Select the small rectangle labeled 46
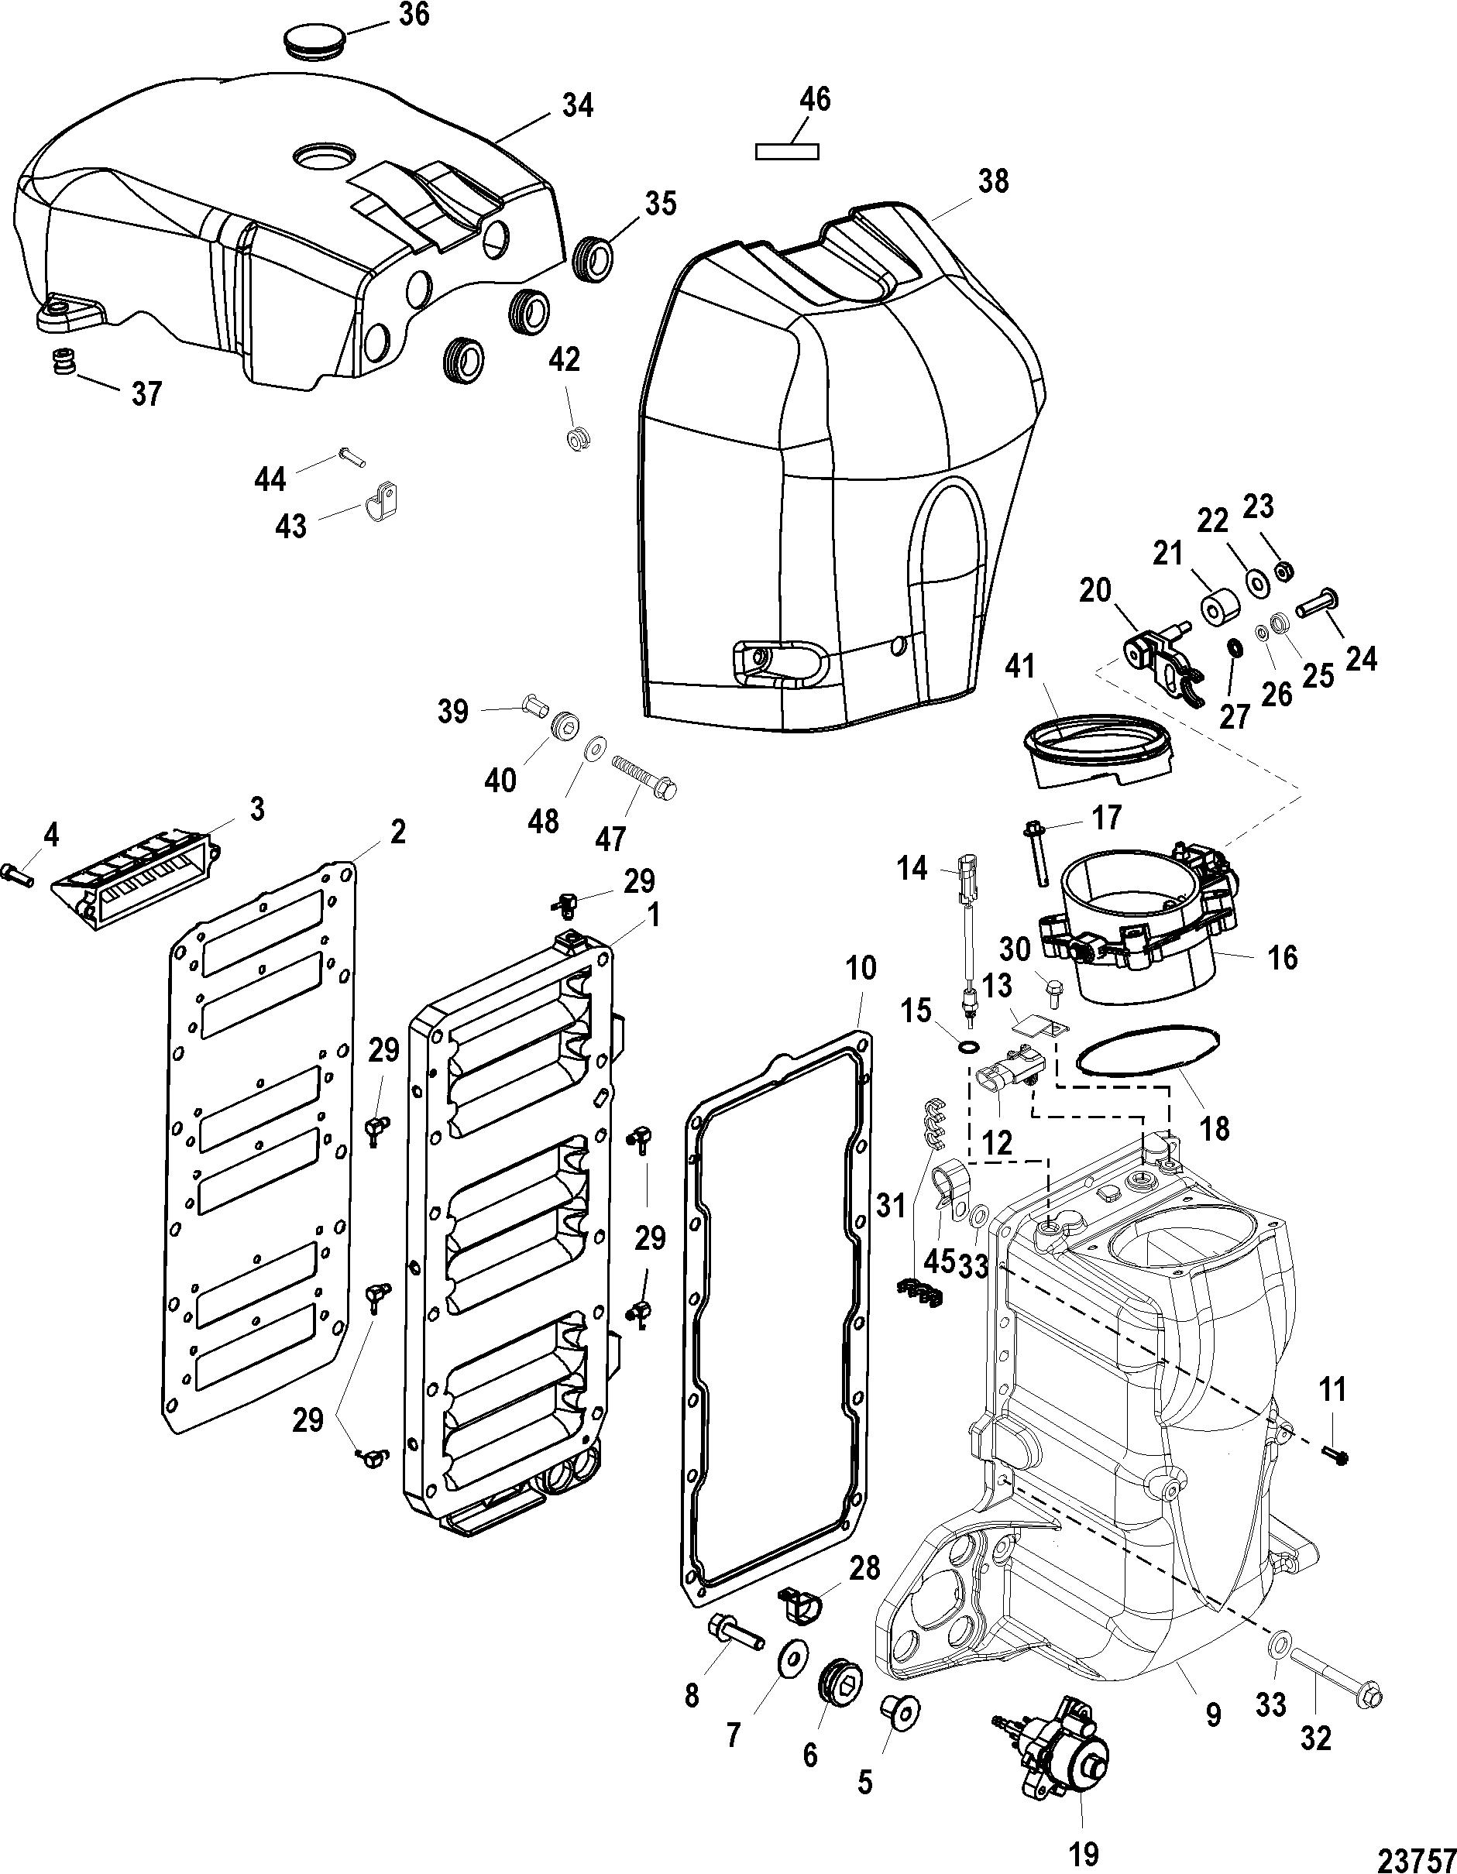point(787,152)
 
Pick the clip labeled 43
point(382,499)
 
